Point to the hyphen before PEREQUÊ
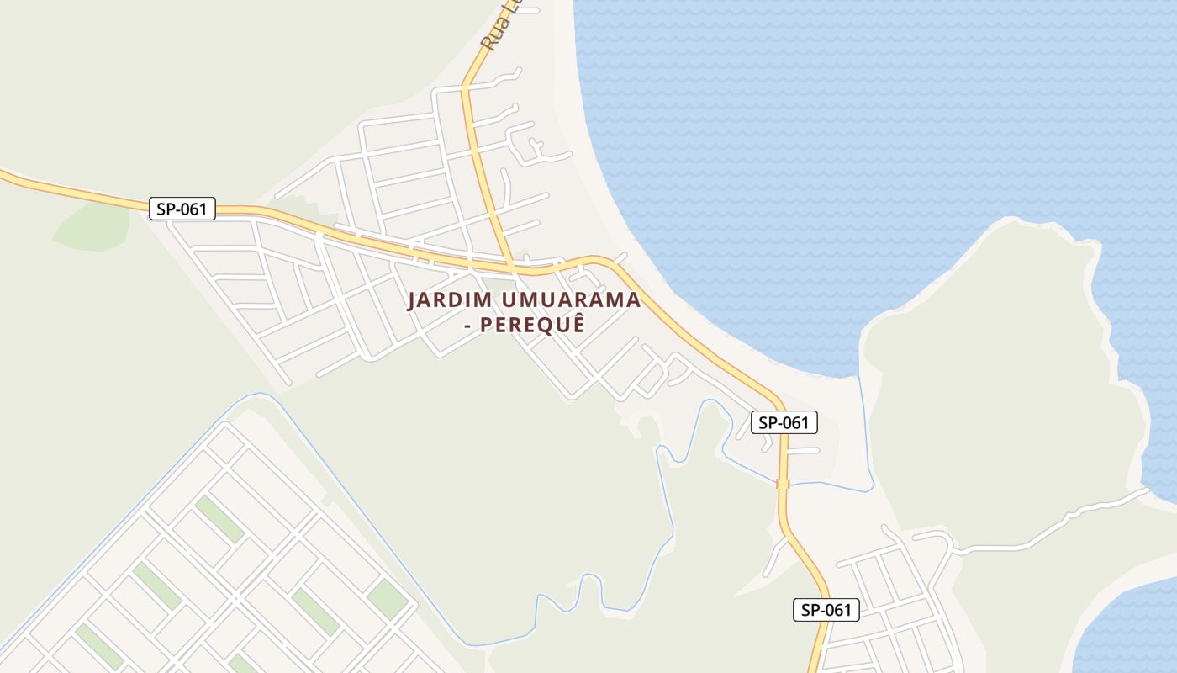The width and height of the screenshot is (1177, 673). coord(468,325)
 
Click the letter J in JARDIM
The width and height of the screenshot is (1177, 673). coord(412,300)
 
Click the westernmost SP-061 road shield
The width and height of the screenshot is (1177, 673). coord(182,209)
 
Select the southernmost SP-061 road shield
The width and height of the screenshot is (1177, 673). coord(826,610)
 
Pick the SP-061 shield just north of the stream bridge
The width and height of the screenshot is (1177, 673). coord(784,422)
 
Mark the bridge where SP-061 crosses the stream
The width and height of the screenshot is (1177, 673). coord(783,484)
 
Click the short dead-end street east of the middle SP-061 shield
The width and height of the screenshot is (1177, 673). coord(803,451)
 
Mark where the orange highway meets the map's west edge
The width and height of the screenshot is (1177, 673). coord(3,174)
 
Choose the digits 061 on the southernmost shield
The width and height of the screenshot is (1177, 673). coord(837,610)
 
